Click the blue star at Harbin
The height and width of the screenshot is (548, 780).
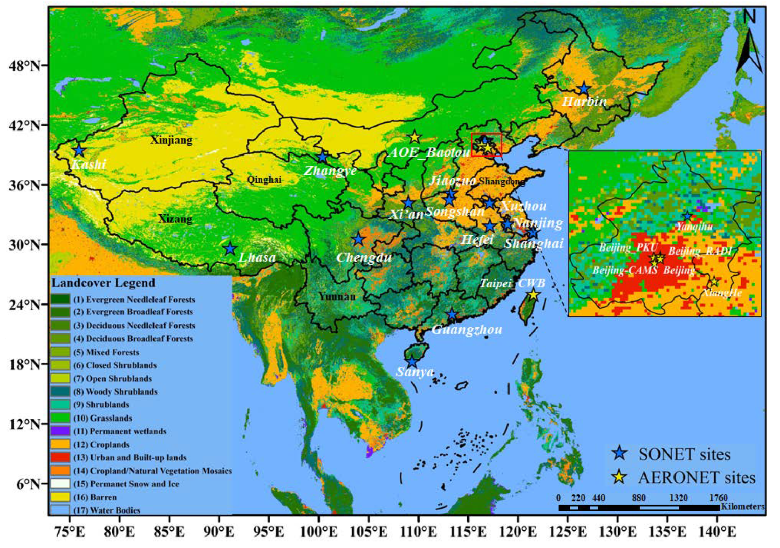[x=584, y=89]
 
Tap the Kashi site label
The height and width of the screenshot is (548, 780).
[x=89, y=164]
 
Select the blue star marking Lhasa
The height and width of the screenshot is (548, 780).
[x=230, y=249]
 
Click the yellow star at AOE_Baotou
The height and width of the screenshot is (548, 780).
[x=415, y=137]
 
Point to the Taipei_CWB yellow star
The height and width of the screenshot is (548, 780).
[x=534, y=294]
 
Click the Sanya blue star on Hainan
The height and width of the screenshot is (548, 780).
[x=412, y=362]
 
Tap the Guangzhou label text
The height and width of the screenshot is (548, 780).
[x=467, y=329]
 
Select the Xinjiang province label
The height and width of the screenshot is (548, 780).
[x=171, y=140]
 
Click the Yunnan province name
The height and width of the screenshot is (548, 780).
[x=337, y=296]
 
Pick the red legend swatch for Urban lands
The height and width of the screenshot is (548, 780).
[x=61, y=458]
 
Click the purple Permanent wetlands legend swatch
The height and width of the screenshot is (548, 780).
[x=61, y=431]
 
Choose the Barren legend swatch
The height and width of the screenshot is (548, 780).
[x=61, y=497]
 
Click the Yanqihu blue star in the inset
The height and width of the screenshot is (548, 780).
[x=688, y=216]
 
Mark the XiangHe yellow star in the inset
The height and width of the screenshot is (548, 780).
[x=714, y=281]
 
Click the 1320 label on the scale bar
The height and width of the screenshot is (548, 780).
[x=679, y=498]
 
